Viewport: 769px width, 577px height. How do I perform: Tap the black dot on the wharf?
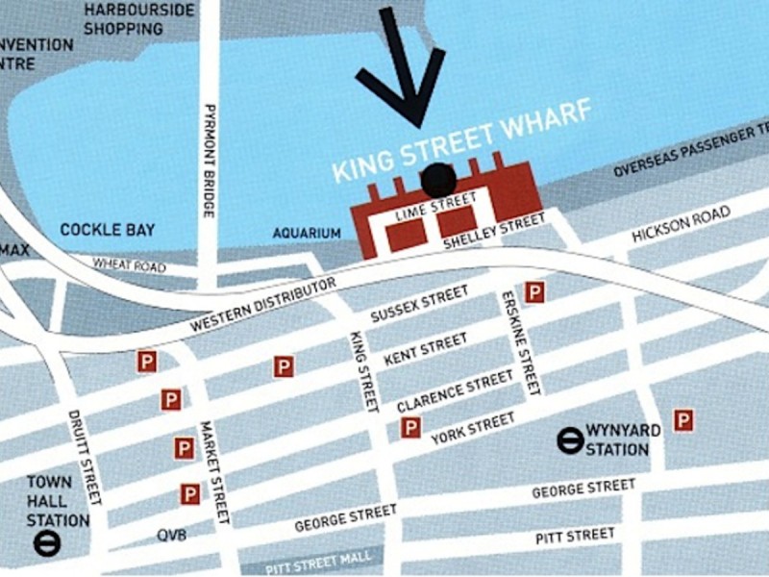(x=438, y=179)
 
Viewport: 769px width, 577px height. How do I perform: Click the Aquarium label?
(x=307, y=233)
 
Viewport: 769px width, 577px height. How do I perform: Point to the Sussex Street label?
(x=419, y=304)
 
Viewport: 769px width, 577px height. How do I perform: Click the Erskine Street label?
(x=519, y=342)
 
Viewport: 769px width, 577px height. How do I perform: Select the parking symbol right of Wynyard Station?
(x=683, y=420)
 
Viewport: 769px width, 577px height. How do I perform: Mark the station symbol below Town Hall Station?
(x=45, y=543)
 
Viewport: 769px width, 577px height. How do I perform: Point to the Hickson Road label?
(x=681, y=224)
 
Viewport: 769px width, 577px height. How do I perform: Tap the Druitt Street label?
(x=85, y=458)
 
